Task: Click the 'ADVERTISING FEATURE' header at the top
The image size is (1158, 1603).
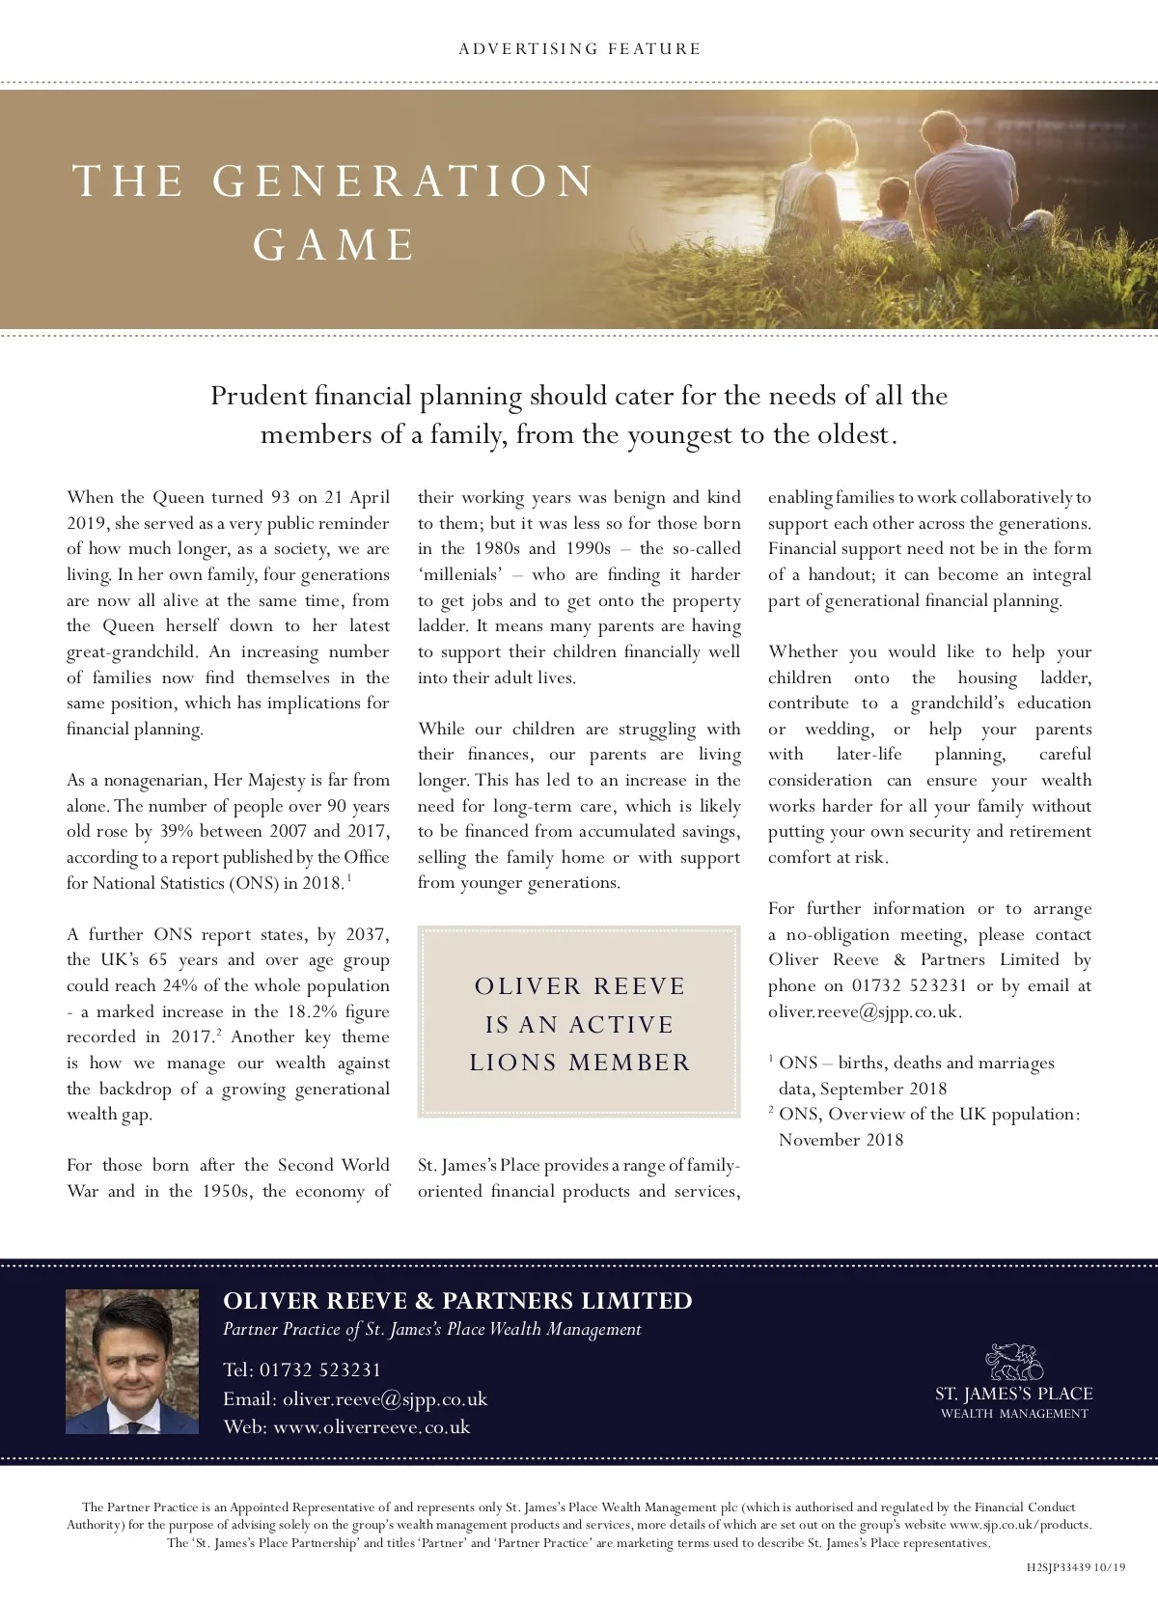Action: (579, 49)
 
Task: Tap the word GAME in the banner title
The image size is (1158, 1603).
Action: (335, 245)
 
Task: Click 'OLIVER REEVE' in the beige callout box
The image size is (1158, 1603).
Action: (579, 986)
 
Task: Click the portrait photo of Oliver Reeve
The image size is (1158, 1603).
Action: (131, 1362)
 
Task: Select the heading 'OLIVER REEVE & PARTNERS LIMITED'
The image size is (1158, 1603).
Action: (457, 1301)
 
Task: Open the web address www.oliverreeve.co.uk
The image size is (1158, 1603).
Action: (372, 1427)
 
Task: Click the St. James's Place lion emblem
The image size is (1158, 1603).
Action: (1013, 1362)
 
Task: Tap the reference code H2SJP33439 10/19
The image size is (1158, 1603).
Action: (1075, 1567)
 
